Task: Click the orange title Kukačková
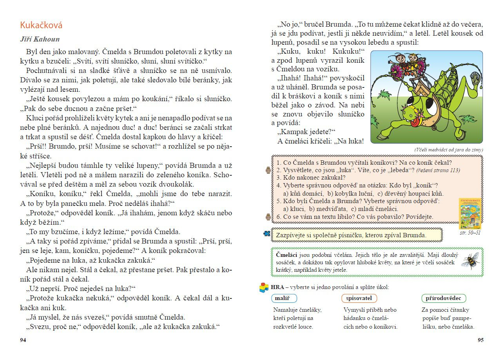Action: click(41, 25)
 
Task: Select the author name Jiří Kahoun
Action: click(40, 40)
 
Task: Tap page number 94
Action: click(23, 340)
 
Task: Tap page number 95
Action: click(480, 340)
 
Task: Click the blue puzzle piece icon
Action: click(267, 234)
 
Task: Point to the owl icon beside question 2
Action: click(268, 170)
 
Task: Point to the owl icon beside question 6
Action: click(268, 216)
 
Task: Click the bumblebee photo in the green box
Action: click(470, 260)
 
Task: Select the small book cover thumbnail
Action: click(470, 214)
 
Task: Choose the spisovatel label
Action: click(359, 298)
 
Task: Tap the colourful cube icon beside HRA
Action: click(264, 287)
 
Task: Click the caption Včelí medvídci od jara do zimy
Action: click(448, 149)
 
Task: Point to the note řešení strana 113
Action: click(438, 170)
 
